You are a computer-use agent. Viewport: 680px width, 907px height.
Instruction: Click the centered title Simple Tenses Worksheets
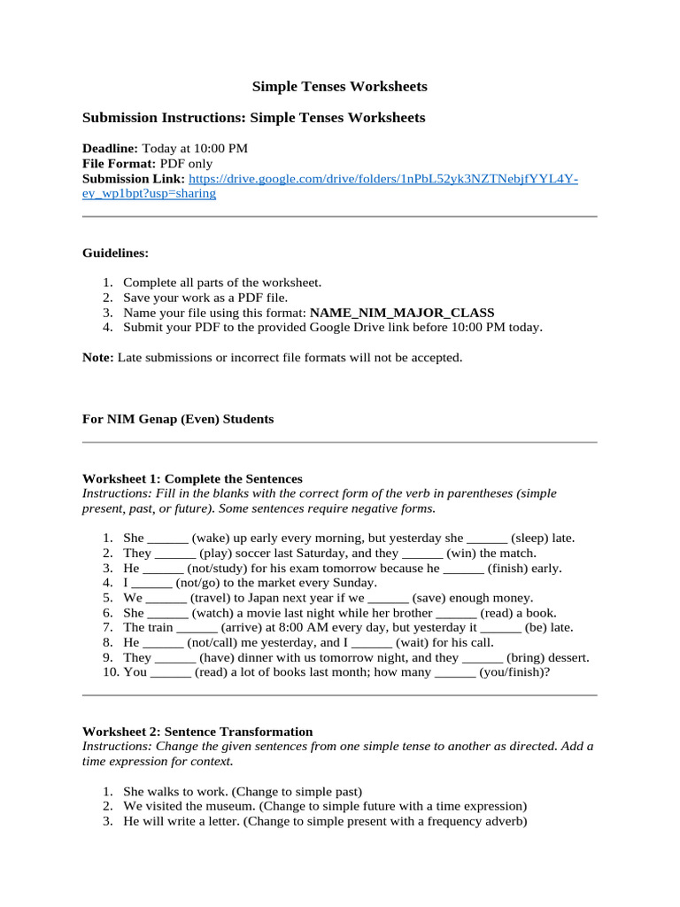click(x=340, y=86)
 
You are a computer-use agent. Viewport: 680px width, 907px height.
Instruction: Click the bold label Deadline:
click(x=110, y=148)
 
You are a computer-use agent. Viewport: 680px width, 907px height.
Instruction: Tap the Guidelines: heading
click(x=116, y=252)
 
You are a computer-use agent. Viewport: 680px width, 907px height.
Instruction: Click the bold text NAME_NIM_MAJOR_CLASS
click(x=402, y=313)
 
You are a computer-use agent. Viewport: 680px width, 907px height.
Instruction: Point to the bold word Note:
click(x=97, y=358)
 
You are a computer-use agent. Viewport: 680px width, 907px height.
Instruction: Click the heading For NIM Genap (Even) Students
click(x=178, y=419)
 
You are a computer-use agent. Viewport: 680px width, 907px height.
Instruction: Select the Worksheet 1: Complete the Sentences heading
click(x=192, y=478)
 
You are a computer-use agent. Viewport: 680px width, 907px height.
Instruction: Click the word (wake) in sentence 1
click(x=212, y=538)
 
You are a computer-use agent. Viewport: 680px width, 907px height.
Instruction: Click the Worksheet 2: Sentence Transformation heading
click(x=197, y=732)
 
